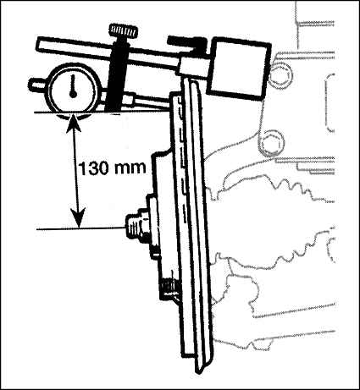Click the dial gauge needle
(73, 86)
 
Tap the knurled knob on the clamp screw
(124, 30)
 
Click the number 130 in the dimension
(91, 168)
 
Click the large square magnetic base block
(239, 69)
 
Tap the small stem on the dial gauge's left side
(38, 85)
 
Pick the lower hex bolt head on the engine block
(271, 143)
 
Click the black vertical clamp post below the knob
(118, 75)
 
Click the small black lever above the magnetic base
(186, 42)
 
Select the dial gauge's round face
(73, 88)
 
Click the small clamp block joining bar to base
(192, 67)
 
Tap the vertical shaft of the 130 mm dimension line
(76, 170)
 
